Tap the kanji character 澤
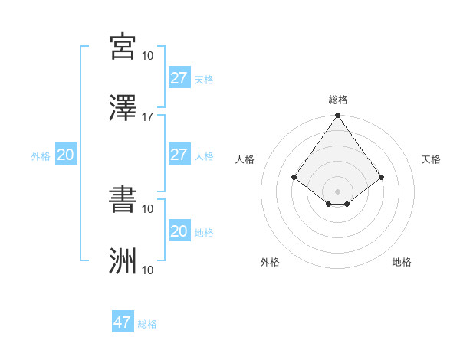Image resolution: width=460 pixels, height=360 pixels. [x=123, y=108]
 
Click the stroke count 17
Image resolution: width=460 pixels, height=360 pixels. [x=148, y=117]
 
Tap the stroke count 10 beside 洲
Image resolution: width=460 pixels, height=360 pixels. [x=148, y=270]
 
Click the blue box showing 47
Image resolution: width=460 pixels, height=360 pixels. [x=122, y=322]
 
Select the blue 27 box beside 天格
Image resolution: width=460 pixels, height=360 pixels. [x=179, y=78]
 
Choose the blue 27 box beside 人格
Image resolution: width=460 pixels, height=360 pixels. [x=179, y=155]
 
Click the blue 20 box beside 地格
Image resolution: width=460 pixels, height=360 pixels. [x=179, y=231]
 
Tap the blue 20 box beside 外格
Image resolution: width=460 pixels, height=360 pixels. [x=65, y=155]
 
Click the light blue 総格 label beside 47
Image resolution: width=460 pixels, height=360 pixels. [x=147, y=324]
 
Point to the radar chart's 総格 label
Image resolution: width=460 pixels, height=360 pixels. [x=338, y=100]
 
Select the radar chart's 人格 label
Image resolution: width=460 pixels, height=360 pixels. [x=245, y=159]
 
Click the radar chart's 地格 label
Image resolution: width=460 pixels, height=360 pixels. [x=402, y=262]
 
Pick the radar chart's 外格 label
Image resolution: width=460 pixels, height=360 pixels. [x=270, y=262]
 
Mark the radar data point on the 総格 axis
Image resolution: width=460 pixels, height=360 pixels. [x=338, y=116]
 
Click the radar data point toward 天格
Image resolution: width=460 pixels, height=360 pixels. [x=383, y=177]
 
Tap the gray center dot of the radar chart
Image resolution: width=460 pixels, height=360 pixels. [x=338, y=191]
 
